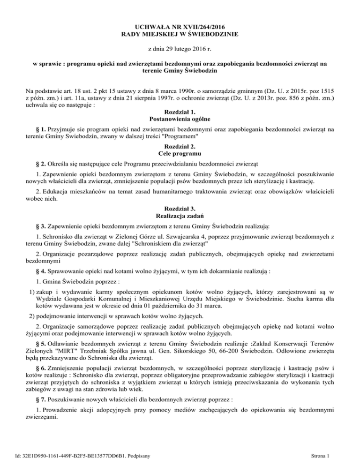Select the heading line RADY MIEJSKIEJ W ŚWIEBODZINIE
click(180, 34)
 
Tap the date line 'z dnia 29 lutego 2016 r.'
click(180, 49)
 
